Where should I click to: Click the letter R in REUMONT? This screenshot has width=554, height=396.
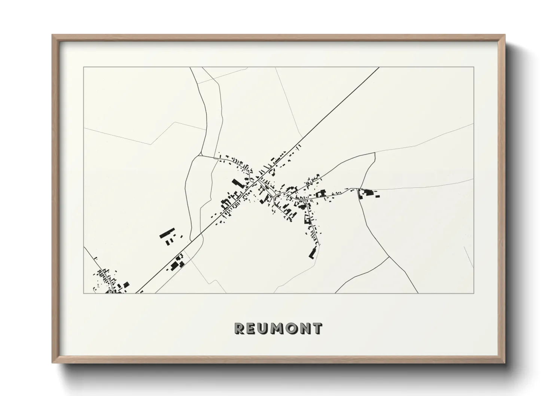240,328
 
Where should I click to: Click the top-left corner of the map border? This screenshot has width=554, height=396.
83,67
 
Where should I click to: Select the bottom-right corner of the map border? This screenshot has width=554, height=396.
474,293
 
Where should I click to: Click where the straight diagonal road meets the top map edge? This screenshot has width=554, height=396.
379,67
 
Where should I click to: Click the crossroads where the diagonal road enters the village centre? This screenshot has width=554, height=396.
259,179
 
